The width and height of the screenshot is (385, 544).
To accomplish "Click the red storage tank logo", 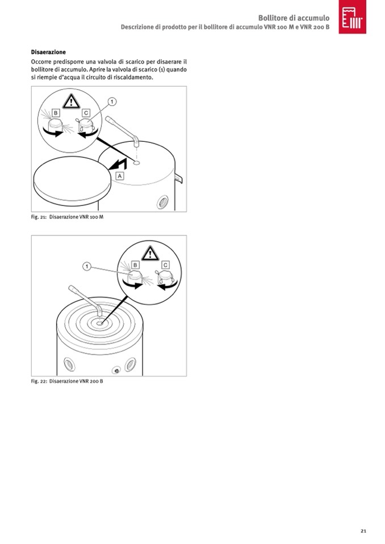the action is (x=353, y=16).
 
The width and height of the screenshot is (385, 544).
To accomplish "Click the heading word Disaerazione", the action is (x=48, y=52).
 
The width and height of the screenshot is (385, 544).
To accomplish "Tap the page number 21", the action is (x=363, y=531).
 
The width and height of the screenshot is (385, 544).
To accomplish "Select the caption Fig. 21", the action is (x=68, y=217).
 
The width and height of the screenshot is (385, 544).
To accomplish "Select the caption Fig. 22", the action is (x=67, y=381).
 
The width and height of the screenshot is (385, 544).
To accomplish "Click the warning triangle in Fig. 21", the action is (x=71, y=102).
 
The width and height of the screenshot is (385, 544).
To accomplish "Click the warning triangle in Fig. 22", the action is (x=150, y=254).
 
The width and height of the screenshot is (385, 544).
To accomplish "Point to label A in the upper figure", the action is (x=120, y=176).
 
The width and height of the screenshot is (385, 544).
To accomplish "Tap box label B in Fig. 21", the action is (x=56, y=113).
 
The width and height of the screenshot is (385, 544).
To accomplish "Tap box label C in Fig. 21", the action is (x=86, y=113).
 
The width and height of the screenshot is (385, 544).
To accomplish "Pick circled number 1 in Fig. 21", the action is (x=112, y=102).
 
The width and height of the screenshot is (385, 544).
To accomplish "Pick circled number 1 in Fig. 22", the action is (x=87, y=267).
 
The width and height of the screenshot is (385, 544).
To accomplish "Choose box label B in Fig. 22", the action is (x=135, y=265).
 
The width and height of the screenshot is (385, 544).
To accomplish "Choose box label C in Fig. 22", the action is (x=165, y=265).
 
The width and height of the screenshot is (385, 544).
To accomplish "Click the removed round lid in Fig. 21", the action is (x=72, y=180).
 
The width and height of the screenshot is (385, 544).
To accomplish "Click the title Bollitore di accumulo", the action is (x=294, y=18).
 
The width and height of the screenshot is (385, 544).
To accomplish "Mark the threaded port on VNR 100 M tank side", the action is (x=162, y=202).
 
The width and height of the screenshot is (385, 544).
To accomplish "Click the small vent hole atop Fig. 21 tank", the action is (x=136, y=162).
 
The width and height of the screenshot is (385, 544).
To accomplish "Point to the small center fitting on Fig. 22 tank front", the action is (x=116, y=370).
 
